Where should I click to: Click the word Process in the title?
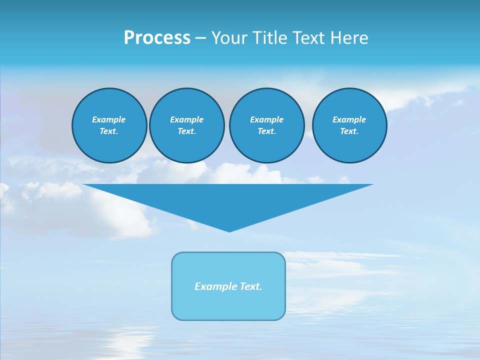coord(157,38)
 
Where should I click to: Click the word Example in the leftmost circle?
coord(109,119)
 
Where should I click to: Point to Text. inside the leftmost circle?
coord(109,131)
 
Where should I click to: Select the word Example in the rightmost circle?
coord(349,119)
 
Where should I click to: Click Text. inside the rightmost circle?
coord(349,131)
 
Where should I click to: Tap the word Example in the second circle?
coord(186,119)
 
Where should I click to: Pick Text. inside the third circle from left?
coord(266,131)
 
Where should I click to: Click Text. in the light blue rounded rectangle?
coord(250,286)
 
